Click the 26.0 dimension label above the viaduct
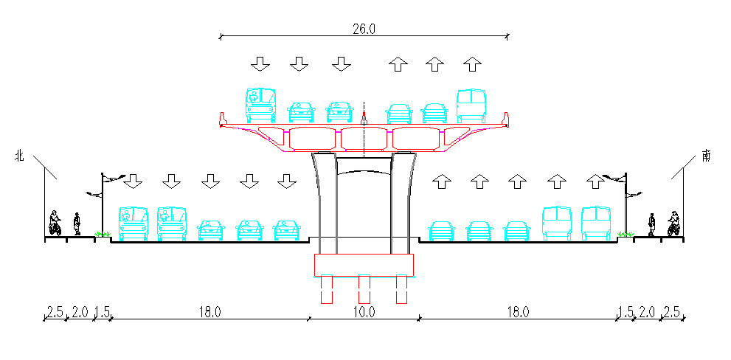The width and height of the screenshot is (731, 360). pos(364,29)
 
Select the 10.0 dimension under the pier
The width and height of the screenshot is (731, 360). pos(364,312)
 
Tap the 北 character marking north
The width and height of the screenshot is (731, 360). pos(18,156)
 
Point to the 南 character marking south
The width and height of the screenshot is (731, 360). pos(707,156)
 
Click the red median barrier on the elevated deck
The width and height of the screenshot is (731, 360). pos(364,119)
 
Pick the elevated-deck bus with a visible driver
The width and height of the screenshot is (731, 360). pos(260,105)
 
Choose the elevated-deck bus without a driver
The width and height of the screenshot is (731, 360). pos(471,105)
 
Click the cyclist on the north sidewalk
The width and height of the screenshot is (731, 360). pos(55,224)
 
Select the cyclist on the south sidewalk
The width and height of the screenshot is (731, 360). pos(673,224)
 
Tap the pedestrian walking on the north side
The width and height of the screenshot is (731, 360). pos(77,224)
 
